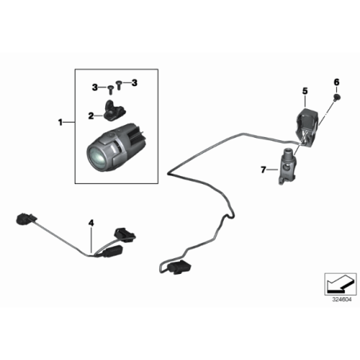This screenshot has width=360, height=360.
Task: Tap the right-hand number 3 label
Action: (x=135, y=83)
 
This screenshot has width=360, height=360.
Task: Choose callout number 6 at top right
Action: (x=335, y=81)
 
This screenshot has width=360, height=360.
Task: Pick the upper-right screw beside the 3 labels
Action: (x=119, y=82)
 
